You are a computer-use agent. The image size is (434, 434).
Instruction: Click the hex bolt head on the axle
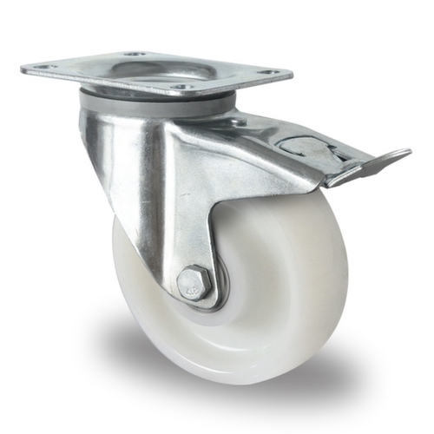pyautogui.click(x=193, y=283)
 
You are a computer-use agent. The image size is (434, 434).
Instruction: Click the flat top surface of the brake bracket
pyautogui.click(x=252, y=130)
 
